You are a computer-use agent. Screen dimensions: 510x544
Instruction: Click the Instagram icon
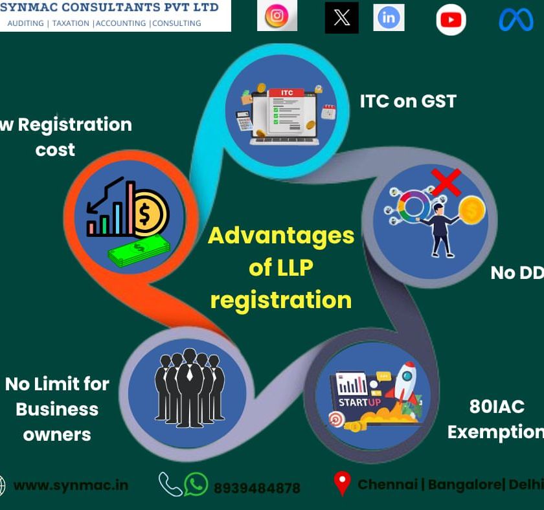(x=277, y=16)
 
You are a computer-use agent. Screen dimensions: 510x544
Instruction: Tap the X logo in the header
(x=341, y=18)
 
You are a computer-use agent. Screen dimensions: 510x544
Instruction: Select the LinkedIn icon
(x=389, y=17)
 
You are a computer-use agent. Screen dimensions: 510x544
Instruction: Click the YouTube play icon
(x=451, y=19)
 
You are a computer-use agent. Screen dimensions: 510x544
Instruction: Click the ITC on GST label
(x=408, y=101)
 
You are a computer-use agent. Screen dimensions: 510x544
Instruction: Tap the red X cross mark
(x=446, y=182)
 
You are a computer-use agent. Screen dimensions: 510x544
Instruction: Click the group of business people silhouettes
(x=189, y=388)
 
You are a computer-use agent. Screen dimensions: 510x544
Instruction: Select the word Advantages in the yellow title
(x=280, y=235)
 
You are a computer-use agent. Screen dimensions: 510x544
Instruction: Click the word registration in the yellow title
(x=280, y=300)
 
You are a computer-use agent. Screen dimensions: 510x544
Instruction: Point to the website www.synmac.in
(x=71, y=485)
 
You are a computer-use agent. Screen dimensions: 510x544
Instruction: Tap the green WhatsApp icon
(x=196, y=484)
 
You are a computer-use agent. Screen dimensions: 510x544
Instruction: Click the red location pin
(x=341, y=483)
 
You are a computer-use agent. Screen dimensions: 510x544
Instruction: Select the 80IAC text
(x=497, y=406)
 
